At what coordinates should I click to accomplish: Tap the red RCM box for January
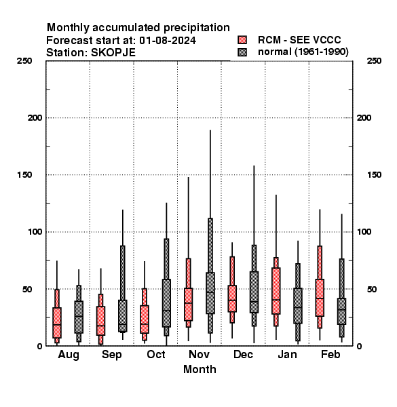[x=276, y=291]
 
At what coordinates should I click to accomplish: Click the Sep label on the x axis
[x=112, y=355]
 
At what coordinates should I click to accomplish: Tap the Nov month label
[x=199, y=354]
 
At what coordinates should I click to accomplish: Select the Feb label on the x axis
[x=330, y=354]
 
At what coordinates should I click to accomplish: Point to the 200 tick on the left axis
[x=35, y=118]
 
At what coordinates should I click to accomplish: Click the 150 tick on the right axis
[x=374, y=175]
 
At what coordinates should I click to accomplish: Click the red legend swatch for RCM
[x=242, y=40]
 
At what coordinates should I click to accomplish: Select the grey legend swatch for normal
[x=242, y=52]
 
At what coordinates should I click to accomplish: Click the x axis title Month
[x=200, y=370]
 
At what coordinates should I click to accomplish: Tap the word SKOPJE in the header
[x=113, y=53]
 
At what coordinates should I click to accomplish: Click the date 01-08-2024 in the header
[x=168, y=41]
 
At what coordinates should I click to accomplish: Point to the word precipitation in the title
[x=197, y=28]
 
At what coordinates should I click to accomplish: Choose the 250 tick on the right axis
[x=374, y=61]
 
